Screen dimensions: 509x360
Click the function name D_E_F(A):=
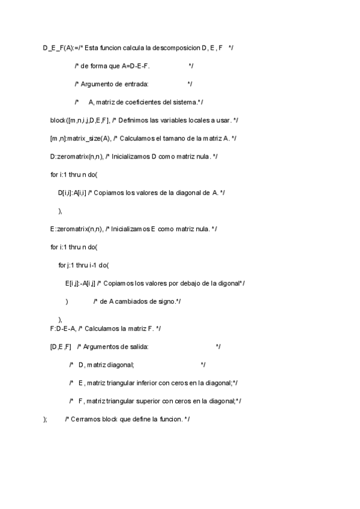point(59,47)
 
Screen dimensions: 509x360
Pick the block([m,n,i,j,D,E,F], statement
point(83,121)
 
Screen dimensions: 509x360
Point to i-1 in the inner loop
point(92,265)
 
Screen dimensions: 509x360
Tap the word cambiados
point(143,301)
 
